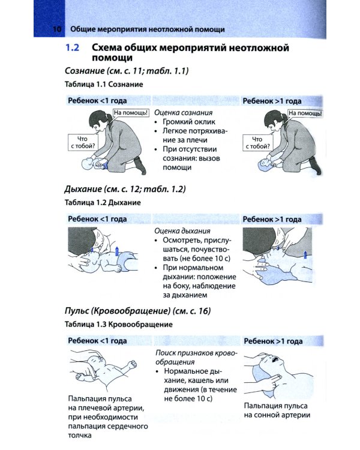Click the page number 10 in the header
57,29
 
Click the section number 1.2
73,47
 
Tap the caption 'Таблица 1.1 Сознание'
104,85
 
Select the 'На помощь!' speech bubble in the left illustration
131,113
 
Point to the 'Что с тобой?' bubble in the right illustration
257,143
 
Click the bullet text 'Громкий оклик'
189,122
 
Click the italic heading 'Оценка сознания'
184,113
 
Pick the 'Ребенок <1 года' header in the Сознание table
97,101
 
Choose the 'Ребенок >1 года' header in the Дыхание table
272,219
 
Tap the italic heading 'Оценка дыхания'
182,231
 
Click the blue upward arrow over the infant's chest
117,251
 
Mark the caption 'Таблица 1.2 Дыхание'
103,203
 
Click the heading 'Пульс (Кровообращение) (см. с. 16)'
137,311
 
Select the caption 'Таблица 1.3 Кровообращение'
119,325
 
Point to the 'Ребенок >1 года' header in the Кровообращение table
273,341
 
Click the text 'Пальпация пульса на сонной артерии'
277,410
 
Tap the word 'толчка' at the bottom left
80,436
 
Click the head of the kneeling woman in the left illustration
98,121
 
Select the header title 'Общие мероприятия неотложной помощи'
147,29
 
